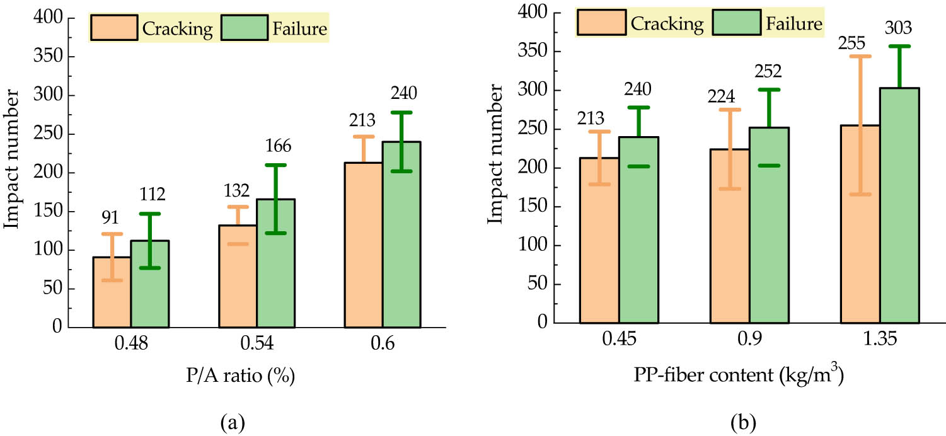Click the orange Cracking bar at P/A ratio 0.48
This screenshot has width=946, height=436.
pyautogui.click(x=112, y=292)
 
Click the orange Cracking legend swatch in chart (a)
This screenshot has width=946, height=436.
pyautogui.click(x=114, y=28)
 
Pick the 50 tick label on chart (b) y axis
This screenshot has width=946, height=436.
pyautogui.click(x=539, y=284)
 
